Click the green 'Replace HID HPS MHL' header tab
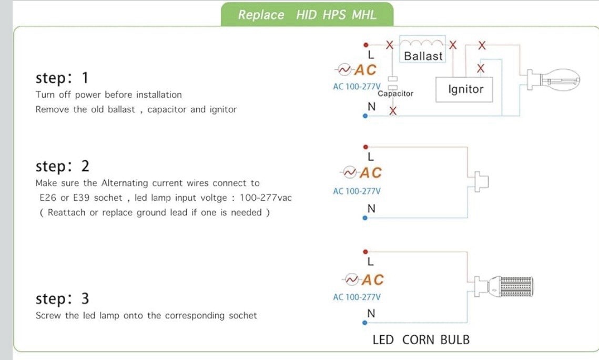(307, 15)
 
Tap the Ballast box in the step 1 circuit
(422, 49)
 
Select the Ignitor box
(464, 90)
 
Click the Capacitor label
(395, 94)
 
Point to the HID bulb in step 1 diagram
(553, 80)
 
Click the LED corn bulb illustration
(504, 287)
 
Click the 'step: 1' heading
(62, 78)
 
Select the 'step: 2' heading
(62, 167)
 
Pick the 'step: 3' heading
(62, 299)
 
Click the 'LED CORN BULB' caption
(421, 340)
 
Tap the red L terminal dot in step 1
(366, 45)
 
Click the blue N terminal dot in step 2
(365, 218)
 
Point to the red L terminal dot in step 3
(366, 252)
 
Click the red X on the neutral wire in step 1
(393, 111)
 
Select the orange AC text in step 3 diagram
(372, 280)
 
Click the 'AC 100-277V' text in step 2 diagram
(357, 191)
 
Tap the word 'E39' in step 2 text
(82, 198)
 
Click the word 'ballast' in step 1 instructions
(121, 109)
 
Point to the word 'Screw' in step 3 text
(48, 316)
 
